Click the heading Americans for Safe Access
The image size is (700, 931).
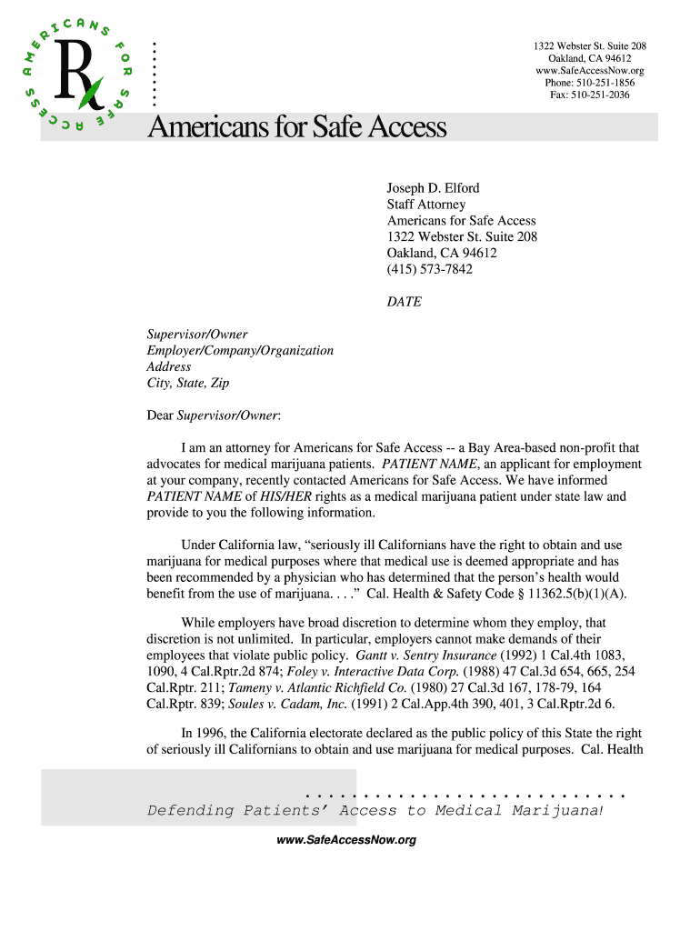[x=297, y=127]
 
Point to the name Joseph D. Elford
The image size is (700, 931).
[x=433, y=188]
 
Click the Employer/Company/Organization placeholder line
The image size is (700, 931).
[x=240, y=351]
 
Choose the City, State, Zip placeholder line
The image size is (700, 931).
[x=188, y=384]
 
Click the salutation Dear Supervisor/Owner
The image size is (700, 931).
[x=214, y=415]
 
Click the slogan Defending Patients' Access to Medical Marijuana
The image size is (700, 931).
[x=375, y=810]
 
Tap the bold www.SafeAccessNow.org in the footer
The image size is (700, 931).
[x=345, y=840]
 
